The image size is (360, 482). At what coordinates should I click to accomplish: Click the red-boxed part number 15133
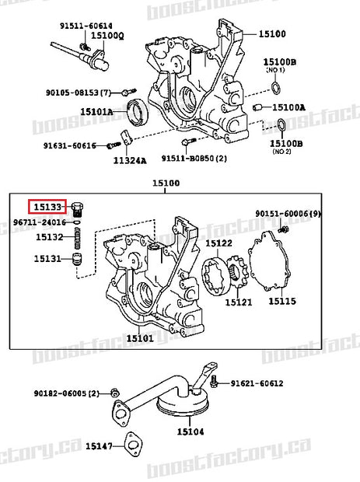(47, 206)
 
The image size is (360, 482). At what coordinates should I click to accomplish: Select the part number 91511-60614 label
(86, 26)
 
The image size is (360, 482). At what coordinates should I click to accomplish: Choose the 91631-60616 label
(69, 145)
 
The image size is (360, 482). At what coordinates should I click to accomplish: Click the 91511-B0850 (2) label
(194, 158)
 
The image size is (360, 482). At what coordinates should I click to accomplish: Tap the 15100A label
(289, 107)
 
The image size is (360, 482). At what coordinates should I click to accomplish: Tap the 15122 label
(218, 244)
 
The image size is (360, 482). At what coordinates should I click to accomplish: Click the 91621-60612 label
(256, 383)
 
